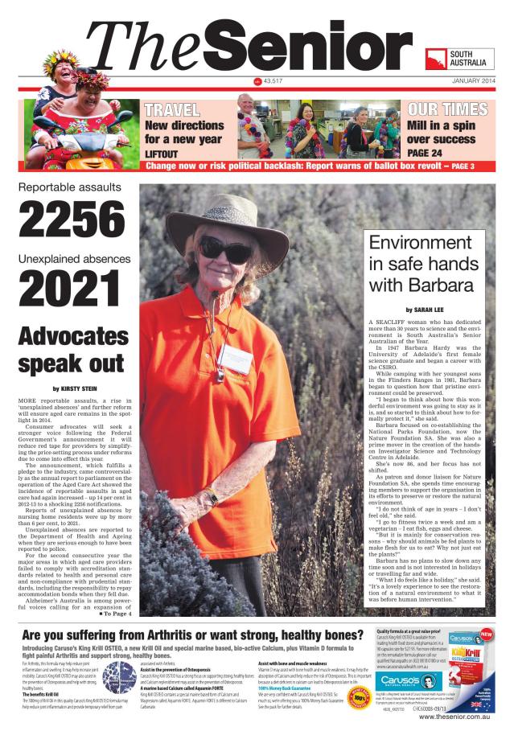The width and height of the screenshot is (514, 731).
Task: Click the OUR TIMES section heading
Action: click(x=442, y=110)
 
